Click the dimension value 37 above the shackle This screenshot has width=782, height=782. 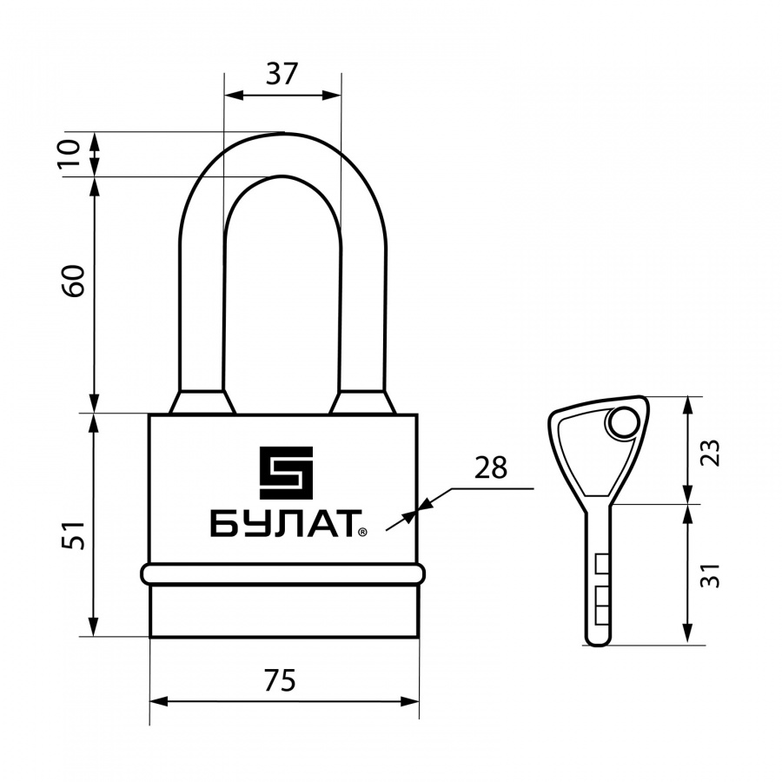(282, 74)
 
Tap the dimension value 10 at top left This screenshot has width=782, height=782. (71, 154)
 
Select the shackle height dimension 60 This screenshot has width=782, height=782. (75, 282)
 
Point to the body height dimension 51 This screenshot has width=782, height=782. (74, 535)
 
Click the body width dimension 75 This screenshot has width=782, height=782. (280, 680)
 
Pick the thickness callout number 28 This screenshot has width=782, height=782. (490, 467)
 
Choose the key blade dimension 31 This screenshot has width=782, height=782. (711, 575)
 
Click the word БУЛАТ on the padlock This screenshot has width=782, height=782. (282, 524)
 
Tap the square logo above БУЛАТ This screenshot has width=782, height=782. (286, 473)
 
